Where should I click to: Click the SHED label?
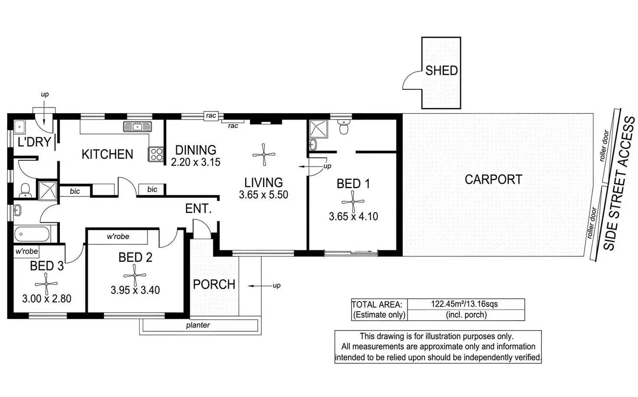click(441, 71)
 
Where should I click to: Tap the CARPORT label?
click(493, 179)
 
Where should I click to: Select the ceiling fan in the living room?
click(264, 155)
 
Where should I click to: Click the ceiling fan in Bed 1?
click(353, 202)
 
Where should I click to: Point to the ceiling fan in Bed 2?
click(135, 275)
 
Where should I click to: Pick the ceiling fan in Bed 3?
click(46, 284)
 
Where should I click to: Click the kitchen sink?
click(137, 127)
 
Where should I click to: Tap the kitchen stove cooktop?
click(156, 154)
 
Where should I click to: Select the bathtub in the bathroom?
click(32, 234)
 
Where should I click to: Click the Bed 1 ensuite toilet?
click(344, 127)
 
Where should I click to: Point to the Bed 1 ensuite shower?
click(319, 129)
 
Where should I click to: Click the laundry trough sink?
click(19, 127)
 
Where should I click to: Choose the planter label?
click(198, 325)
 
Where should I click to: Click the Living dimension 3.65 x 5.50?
click(264, 195)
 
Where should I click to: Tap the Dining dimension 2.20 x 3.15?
click(195, 162)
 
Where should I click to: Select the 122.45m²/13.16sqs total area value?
click(464, 304)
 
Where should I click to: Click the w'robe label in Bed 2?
click(118, 236)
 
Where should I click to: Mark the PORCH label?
click(214, 284)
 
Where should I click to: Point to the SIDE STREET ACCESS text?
click(618, 184)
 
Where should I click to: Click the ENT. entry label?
click(198, 208)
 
